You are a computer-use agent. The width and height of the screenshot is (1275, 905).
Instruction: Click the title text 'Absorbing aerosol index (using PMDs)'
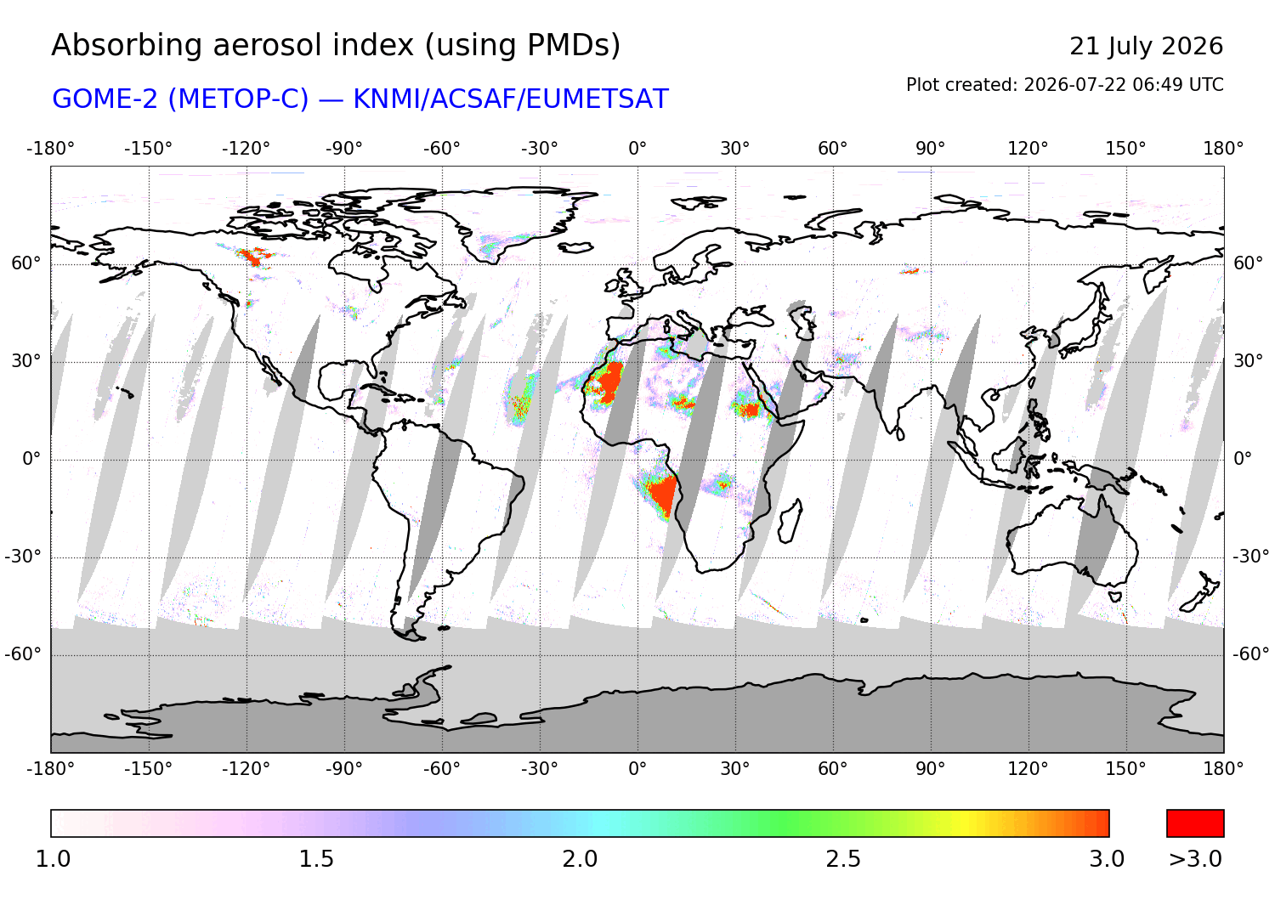pos(336,46)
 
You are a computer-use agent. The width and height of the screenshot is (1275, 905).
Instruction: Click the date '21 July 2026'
pos(1147,47)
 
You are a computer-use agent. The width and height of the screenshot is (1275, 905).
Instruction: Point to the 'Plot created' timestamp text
pos(1064,85)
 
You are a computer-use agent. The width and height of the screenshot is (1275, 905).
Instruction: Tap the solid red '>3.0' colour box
pos(1195,823)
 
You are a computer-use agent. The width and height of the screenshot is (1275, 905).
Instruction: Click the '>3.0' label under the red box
pos(1195,859)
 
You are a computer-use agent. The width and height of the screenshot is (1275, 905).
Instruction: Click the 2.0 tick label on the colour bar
pos(580,859)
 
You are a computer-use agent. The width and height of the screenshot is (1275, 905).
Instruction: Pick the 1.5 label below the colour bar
pos(316,859)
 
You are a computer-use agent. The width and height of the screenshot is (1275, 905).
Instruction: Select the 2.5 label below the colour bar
pos(843,859)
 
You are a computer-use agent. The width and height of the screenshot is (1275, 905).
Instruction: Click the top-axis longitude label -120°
pos(246,149)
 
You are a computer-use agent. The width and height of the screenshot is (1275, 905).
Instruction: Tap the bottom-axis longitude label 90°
pos(931,769)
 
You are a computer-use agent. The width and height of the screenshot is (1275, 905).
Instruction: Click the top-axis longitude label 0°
pos(637,149)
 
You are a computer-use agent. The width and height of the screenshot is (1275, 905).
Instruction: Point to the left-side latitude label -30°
pos(23,556)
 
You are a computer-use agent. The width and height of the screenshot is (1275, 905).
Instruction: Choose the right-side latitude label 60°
pos(1249,263)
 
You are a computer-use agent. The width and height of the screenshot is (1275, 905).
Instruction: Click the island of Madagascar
pos(790,521)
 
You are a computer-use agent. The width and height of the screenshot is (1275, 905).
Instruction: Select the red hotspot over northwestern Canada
pos(253,257)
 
